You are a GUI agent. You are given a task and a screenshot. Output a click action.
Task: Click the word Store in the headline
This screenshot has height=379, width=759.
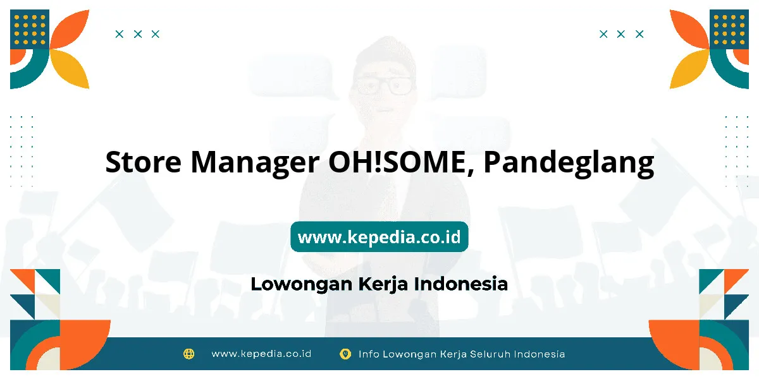tap(144, 162)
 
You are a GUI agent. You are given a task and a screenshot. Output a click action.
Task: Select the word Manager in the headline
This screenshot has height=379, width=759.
tap(255, 164)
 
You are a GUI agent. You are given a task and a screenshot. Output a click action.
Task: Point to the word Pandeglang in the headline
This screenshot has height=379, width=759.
tap(569, 164)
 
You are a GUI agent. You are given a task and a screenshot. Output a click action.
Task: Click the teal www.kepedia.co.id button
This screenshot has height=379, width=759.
tap(379, 236)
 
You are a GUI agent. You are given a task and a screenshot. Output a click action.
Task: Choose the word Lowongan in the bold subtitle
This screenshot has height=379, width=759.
tap(302, 284)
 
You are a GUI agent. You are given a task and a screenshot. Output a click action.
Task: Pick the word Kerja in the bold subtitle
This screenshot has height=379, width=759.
tap(383, 284)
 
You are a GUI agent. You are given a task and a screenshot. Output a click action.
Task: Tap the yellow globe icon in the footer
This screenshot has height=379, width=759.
tap(188, 354)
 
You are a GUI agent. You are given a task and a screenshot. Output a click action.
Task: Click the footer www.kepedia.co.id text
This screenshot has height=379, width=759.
tap(261, 354)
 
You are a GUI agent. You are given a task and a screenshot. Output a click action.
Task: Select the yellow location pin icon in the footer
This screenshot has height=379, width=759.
tap(345, 354)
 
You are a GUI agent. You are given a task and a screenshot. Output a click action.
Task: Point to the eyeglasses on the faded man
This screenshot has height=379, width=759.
tap(383, 85)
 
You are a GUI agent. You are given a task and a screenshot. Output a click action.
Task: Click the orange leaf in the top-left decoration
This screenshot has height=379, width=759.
tap(70, 29)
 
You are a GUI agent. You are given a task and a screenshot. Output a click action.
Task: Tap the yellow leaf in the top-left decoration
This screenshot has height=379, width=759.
tap(70, 69)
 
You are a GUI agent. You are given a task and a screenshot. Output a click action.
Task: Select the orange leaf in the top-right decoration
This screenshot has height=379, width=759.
tap(689, 29)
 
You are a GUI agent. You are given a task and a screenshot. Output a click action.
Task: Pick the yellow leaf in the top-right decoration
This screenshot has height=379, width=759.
tap(689, 69)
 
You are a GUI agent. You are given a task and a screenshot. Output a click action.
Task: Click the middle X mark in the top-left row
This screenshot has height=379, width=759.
tap(138, 34)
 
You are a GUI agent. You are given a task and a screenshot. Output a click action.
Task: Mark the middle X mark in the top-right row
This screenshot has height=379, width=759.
tap(620, 34)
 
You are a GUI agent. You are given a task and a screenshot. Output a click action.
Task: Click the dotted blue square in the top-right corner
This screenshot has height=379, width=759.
tap(729, 29)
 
